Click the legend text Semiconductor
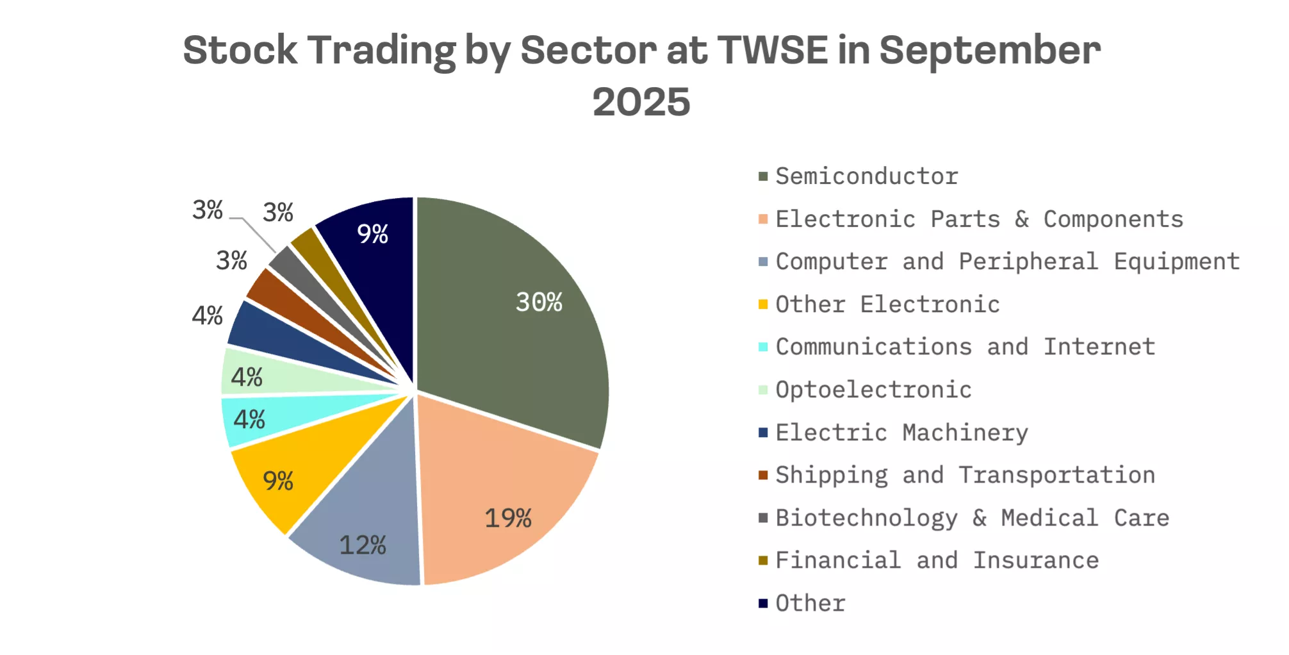[866, 176]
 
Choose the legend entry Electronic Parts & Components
[979, 219]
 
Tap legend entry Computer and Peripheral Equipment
[1007, 261]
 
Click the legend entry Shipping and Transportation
[965, 475]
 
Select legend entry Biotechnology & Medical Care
[972, 518]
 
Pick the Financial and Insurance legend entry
[937, 560]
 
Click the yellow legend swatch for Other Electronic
[763, 304]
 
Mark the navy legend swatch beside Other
[763, 603]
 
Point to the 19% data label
[507, 518]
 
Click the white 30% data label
[539, 302]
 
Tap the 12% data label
[362, 545]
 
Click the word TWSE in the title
[772, 50]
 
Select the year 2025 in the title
[641, 103]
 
